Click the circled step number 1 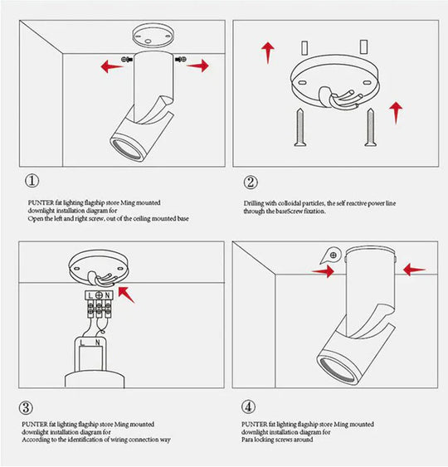point(31,182)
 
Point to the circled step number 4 point(250,407)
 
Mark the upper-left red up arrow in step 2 point(268,51)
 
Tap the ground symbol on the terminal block point(99,295)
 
